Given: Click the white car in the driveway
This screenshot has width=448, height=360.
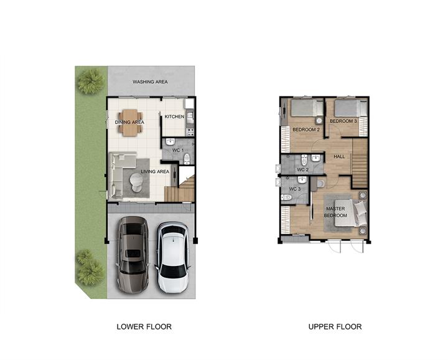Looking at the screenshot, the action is pyautogui.click(x=172, y=258).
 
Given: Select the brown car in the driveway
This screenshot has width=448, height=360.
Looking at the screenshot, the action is pyautogui.click(x=133, y=255).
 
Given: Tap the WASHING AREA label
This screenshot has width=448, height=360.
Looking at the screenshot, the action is pyautogui.click(x=150, y=82).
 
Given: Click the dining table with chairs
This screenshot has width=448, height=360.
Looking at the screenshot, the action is pyautogui.click(x=131, y=122).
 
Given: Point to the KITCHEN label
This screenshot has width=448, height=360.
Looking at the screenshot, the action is pyautogui.click(x=174, y=116).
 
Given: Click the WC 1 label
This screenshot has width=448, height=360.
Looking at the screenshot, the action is pyautogui.click(x=178, y=150).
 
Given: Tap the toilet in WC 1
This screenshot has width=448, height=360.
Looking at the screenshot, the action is pyautogui.click(x=187, y=159).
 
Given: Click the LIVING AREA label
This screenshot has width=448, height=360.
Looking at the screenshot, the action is pyautogui.click(x=155, y=171).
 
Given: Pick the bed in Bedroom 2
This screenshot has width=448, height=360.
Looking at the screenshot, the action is pyautogui.click(x=307, y=108).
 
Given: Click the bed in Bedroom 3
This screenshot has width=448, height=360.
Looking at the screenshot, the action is pyautogui.click(x=350, y=108).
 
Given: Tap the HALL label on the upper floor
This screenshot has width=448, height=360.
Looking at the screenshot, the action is pyautogui.click(x=339, y=156).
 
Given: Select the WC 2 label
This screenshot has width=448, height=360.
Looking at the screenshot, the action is pyautogui.click(x=302, y=169).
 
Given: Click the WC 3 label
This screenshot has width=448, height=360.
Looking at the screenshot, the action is pyautogui.click(x=294, y=189).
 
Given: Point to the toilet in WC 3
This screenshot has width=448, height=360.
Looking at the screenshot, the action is pyautogui.click(x=286, y=197).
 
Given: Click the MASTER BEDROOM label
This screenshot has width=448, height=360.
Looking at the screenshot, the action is pyautogui.click(x=335, y=212).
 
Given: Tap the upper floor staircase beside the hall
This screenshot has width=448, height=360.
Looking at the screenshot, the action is pyautogui.click(x=360, y=163).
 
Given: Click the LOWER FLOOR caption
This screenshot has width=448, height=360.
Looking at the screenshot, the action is pyautogui.click(x=144, y=326).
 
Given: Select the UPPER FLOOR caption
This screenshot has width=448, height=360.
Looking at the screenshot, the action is pyautogui.click(x=335, y=326).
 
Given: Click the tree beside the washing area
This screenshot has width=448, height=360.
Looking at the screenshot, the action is pyautogui.click(x=91, y=81).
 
